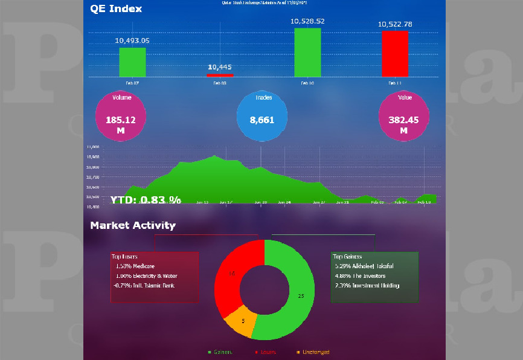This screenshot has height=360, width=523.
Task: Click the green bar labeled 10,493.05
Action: tap(132, 62)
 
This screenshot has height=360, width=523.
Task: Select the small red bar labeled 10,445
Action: tap(220, 75)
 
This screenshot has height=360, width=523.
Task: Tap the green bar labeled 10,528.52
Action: tap(307, 53)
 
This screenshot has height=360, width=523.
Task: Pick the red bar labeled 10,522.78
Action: tap(395, 54)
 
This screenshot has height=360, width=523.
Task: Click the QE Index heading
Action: tap(116, 8)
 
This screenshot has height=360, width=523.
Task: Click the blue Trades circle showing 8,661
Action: tap(262, 116)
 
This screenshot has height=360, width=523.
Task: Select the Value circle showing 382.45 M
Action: tap(403, 116)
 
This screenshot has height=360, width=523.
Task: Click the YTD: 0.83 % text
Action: tap(146, 199)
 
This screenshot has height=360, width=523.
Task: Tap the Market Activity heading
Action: tap(133, 225)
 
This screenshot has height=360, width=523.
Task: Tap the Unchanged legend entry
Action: tap(313, 352)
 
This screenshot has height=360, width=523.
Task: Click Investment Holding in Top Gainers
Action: tap(367, 285)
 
